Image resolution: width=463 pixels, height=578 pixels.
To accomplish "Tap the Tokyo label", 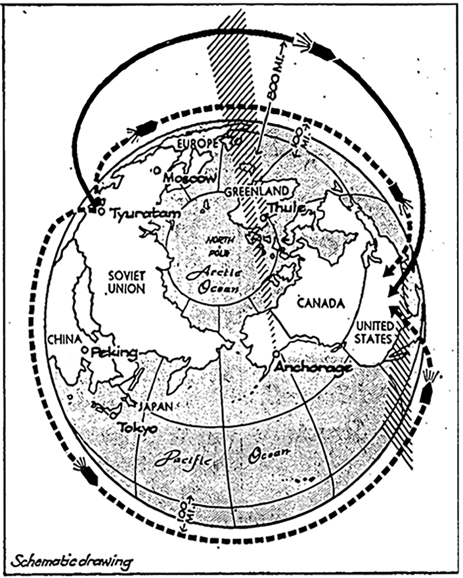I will click(x=138, y=427).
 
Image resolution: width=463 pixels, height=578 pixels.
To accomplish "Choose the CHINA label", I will click(x=64, y=339).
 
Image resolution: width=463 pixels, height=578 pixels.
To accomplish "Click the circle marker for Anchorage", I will click(x=274, y=355).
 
